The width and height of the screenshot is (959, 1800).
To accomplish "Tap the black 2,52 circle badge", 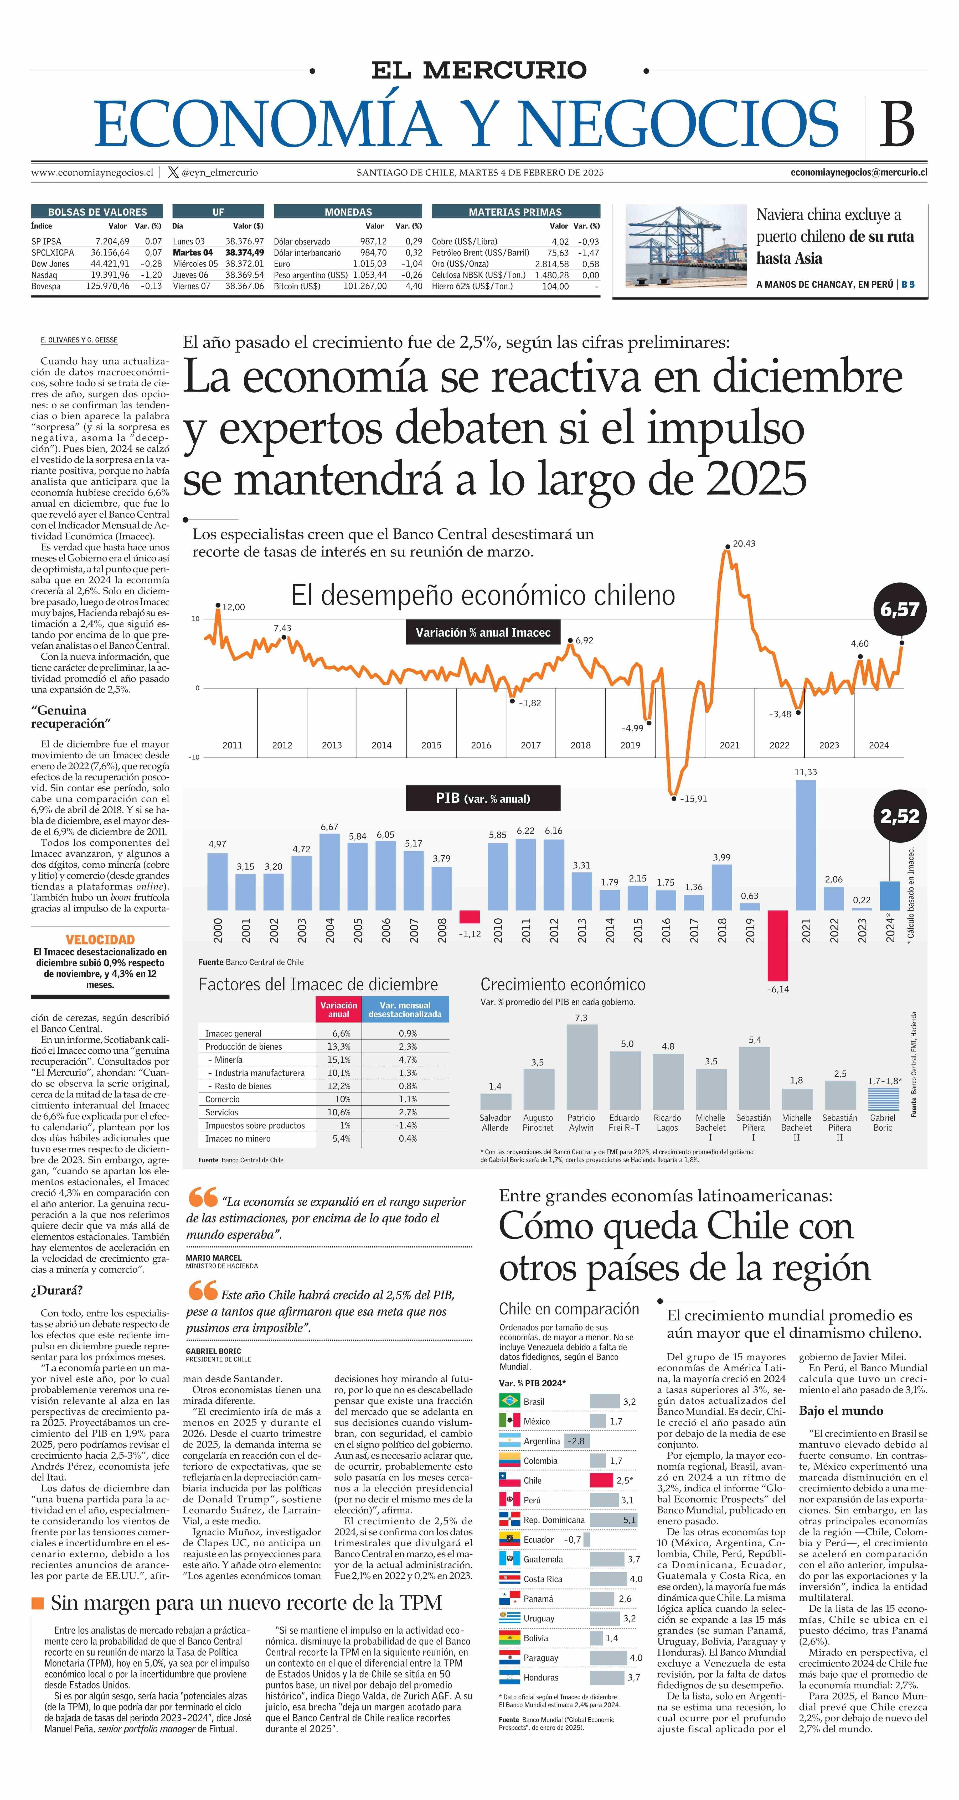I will (900, 816).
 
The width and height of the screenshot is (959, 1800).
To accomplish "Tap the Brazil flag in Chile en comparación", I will (509, 1401).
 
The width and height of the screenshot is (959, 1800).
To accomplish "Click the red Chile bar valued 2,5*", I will (601, 1480).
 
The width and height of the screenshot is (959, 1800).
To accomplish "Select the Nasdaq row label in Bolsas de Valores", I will (44, 275).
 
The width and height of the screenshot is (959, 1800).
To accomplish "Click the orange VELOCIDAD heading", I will (100, 940).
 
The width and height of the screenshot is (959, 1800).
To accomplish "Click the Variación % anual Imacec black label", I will (483, 632).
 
